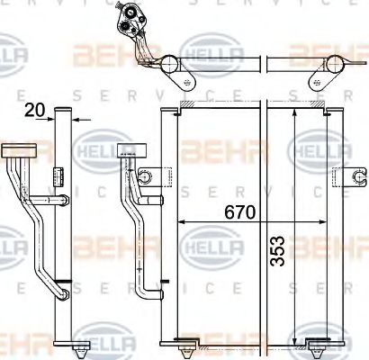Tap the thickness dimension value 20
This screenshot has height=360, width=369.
click(35, 111)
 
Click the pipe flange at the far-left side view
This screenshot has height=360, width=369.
click(16, 149)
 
